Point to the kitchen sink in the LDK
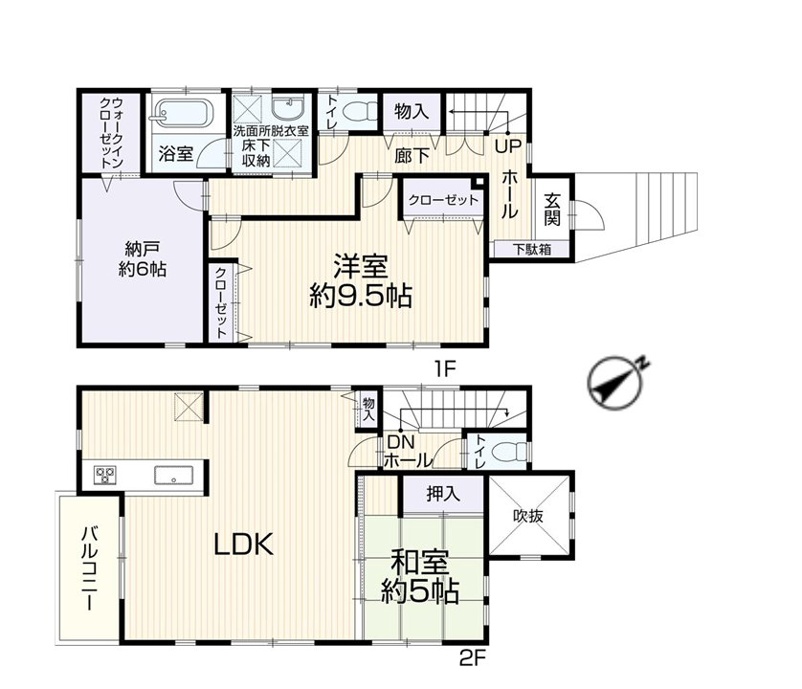[x=174, y=475]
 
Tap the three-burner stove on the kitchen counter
[x=105, y=475]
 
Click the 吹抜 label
[x=528, y=516]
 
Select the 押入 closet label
[x=443, y=494]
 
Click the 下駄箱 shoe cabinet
[x=532, y=249]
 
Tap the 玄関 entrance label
[x=552, y=209]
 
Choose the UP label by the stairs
[x=508, y=146]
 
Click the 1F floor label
[x=445, y=368]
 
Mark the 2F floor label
[x=472, y=657]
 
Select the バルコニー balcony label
[x=91, y=568]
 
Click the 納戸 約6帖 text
[x=143, y=259]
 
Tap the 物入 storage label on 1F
[x=412, y=110]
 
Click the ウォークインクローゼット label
[x=111, y=132]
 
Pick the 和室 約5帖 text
[x=420, y=577]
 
